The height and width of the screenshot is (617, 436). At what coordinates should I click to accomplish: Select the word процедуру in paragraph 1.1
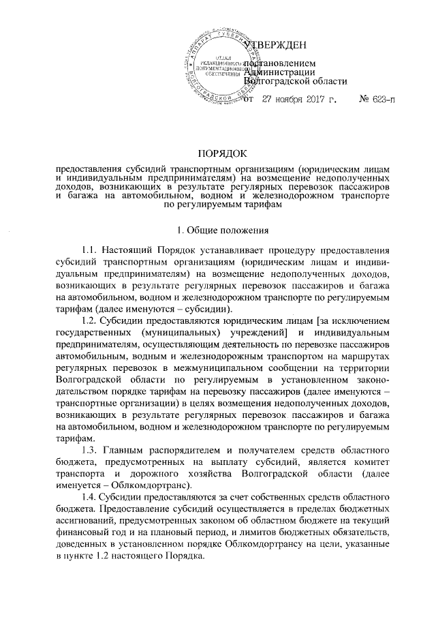tap(277, 254)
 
